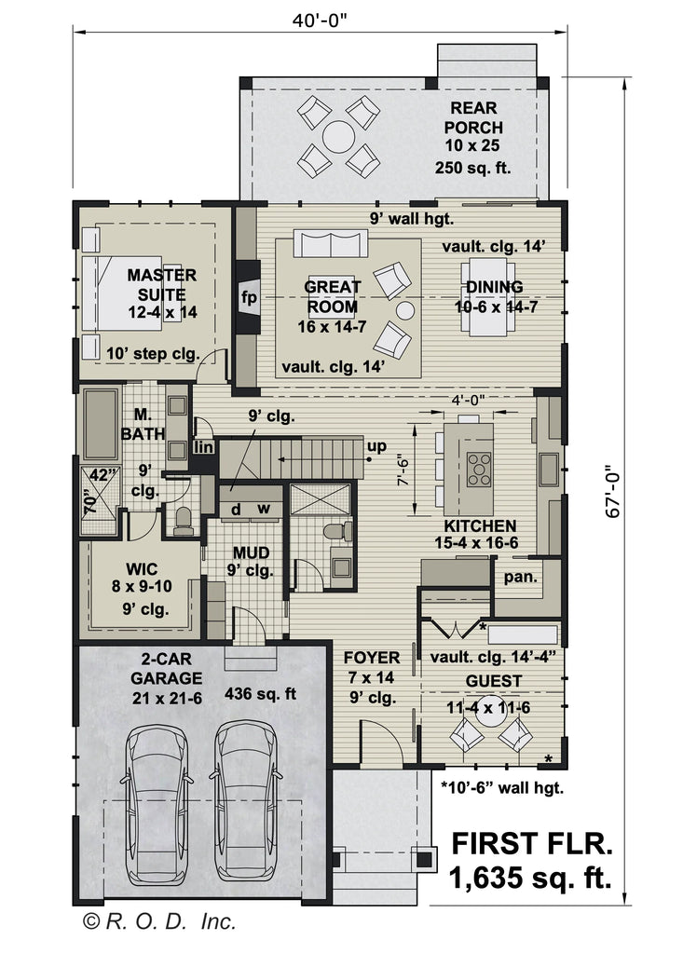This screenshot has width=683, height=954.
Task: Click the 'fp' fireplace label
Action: coord(248,298)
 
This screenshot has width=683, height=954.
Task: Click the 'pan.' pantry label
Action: coord(521,577)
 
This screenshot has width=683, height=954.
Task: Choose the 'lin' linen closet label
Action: coord(204,448)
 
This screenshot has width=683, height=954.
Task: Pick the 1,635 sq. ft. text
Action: coord(530,877)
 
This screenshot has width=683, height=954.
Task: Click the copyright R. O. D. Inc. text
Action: coord(159,922)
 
